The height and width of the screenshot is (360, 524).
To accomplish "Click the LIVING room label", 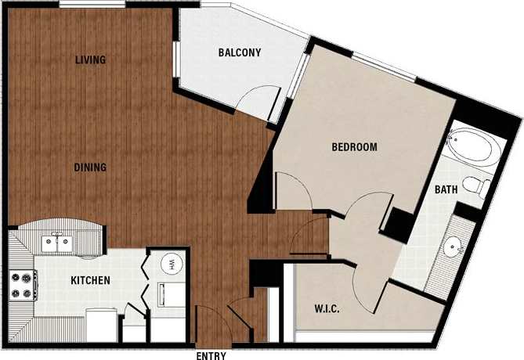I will (91, 60).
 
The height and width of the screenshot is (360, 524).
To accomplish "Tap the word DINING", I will (91, 167).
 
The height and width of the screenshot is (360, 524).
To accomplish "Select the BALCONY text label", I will (239, 53).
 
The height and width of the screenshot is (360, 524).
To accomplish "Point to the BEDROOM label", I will (354, 147).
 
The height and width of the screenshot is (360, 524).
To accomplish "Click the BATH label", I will (446, 189).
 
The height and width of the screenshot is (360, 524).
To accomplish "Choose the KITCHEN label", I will (91, 281).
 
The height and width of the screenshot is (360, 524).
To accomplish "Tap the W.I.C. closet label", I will (316, 308).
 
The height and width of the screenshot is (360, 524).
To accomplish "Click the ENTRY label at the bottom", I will (211, 355).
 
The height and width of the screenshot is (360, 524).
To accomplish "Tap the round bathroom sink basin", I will (454, 249).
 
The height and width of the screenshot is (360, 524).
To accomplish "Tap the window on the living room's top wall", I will (91, 6).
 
